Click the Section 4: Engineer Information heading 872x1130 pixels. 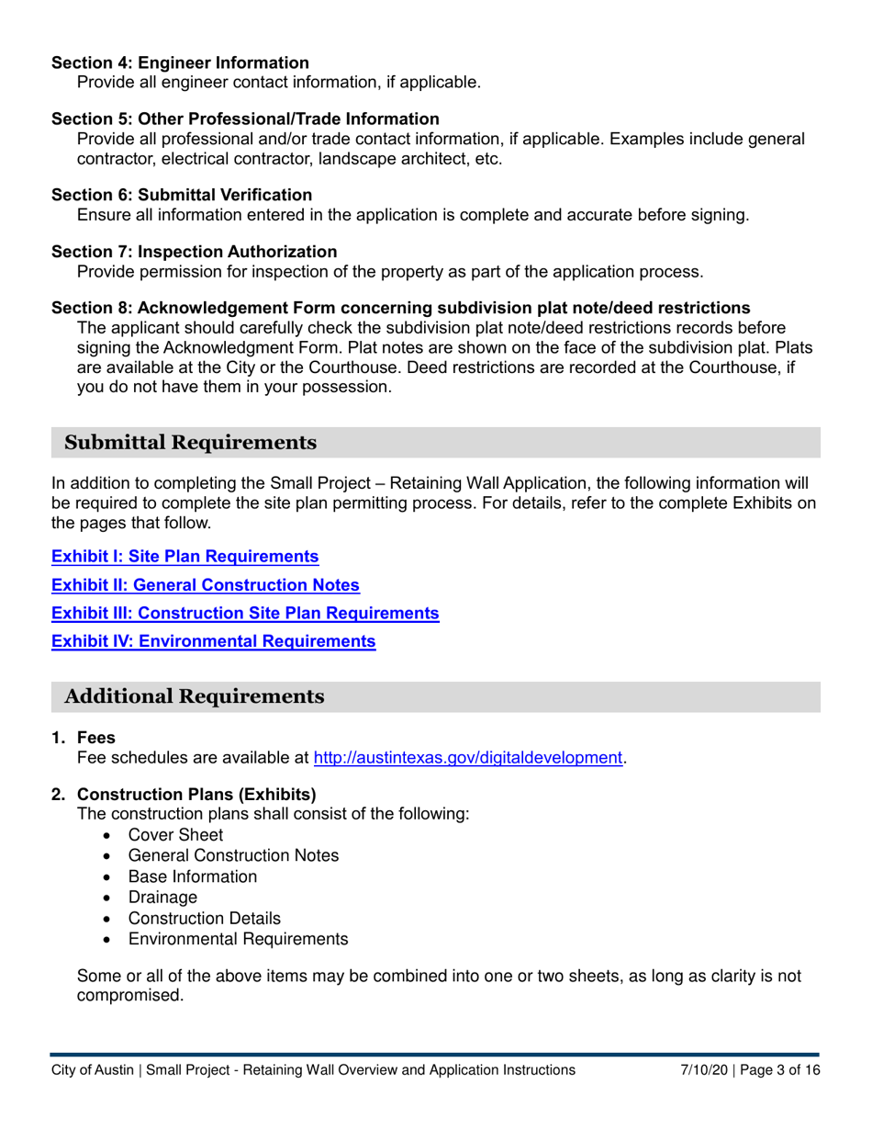click(180, 63)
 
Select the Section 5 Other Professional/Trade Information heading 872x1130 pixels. click(245, 119)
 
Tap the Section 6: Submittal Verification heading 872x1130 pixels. click(182, 195)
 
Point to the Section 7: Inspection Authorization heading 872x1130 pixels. click(194, 251)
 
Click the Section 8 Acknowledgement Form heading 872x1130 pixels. click(400, 307)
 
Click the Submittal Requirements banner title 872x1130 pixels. click(190, 443)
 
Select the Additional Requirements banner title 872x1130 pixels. click(194, 696)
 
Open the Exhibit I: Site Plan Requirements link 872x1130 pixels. click(184, 557)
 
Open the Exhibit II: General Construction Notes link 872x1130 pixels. click(205, 585)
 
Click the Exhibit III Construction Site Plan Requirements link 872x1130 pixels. click(245, 613)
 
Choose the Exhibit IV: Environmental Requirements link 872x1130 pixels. click(213, 641)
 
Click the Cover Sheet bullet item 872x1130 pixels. click(175, 835)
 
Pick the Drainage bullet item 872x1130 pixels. click(162, 898)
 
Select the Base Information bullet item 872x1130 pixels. click(193, 876)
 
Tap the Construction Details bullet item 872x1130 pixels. click(205, 919)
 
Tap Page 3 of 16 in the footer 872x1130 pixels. click(777, 1070)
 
